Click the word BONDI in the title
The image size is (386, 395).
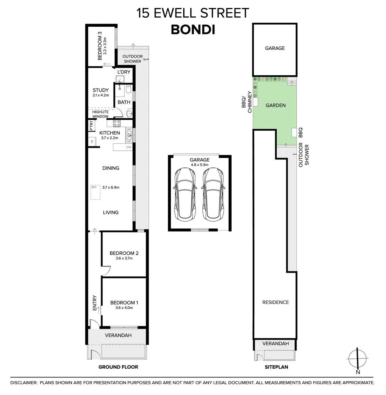(x=193, y=29)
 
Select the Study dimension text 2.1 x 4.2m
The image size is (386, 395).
(x=100, y=95)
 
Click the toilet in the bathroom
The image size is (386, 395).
(x=128, y=89)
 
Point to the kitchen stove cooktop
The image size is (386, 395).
(x=117, y=123)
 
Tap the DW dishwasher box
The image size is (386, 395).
(x=129, y=147)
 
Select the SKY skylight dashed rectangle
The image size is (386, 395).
(x=95, y=192)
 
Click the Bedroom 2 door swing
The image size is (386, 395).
(x=106, y=270)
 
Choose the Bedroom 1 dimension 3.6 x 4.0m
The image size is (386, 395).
(x=124, y=308)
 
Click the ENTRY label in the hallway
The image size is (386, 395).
(x=95, y=303)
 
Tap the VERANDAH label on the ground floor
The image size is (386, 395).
(x=118, y=335)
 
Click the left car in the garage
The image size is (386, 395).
(x=185, y=195)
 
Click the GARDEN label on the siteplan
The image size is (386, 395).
(x=275, y=105)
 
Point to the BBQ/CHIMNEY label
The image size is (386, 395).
(x=246, y=102)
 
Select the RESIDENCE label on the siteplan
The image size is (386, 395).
(x=276, y=302)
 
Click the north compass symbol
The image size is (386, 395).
(x=357, y=358)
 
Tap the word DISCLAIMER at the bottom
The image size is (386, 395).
(x=24, y=383)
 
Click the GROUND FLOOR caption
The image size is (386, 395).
(x=118, y=367)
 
